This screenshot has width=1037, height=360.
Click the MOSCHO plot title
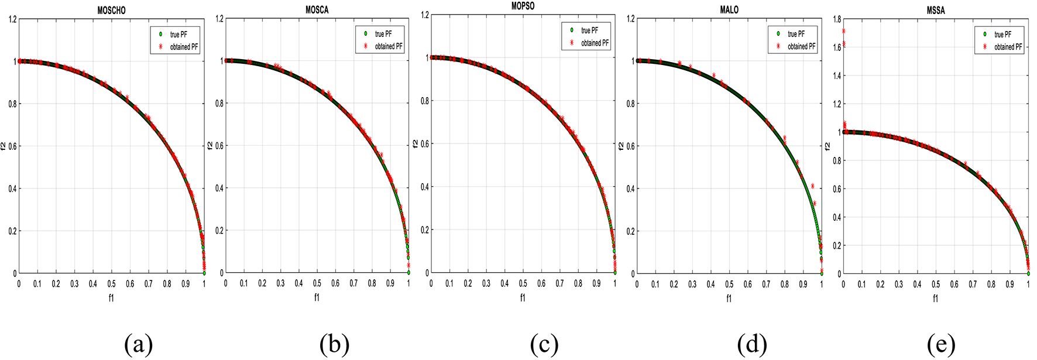(111, 11)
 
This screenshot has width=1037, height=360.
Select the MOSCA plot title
(317, 10)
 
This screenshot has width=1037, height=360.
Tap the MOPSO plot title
(523, 6)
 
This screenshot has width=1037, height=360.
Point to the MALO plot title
(729, 10)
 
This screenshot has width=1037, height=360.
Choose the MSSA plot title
(935, 11)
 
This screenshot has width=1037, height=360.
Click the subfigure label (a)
(138, 345)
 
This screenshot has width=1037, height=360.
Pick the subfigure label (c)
(544, 345)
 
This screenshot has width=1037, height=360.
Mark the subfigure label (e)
(941, 345)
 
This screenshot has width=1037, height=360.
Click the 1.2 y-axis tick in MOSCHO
(12, 19)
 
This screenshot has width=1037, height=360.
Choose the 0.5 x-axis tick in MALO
(729, 284)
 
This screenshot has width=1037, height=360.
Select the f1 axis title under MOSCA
(317, 297)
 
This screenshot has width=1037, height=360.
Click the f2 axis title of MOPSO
(416, 143)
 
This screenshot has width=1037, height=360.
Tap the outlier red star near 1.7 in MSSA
(843, 31)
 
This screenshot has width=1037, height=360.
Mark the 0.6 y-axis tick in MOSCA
(219, 146)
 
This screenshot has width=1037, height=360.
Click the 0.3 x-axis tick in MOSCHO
(74, 284)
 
